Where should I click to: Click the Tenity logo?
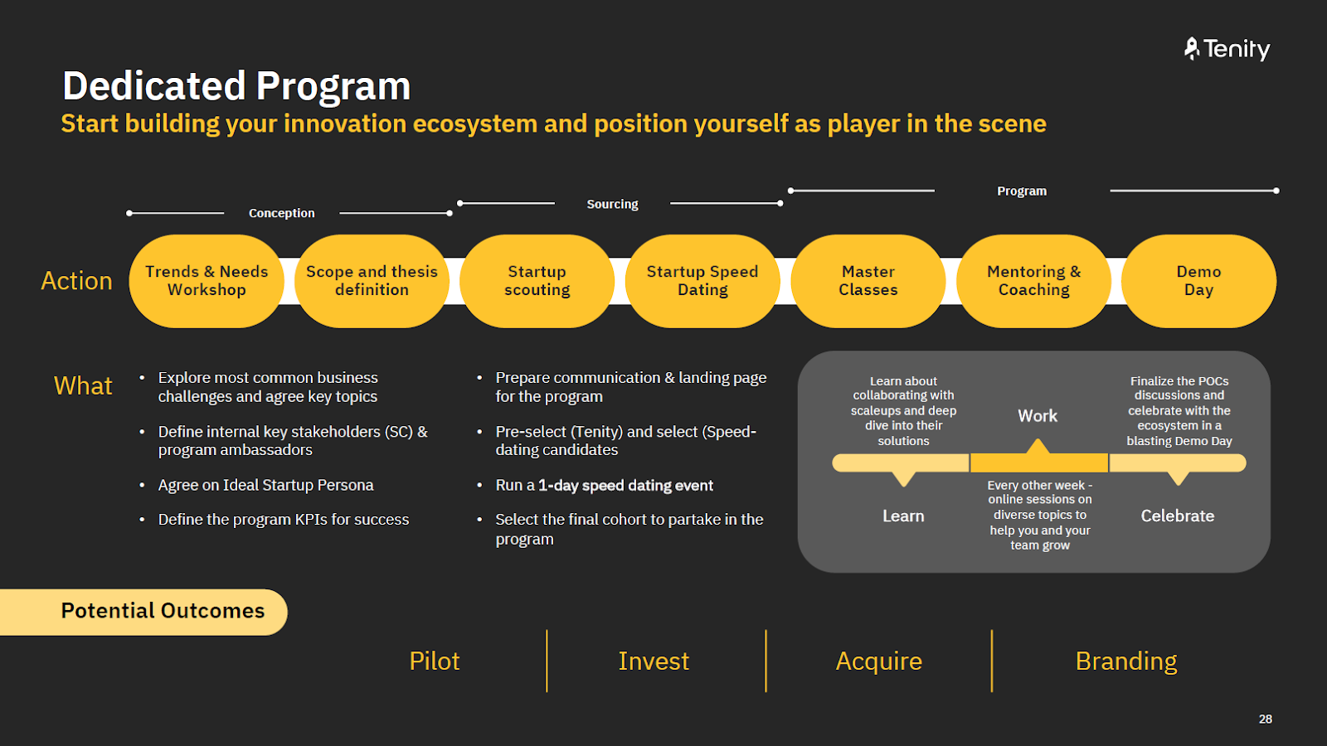(x=1227, y=50)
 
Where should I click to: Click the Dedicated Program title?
(x=236, y=86)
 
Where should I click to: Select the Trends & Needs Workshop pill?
(x=207, y=281)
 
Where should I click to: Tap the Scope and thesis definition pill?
(x=372, y=281)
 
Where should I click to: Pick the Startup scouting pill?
(x=537, y=281)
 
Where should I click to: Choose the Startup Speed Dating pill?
(x=702, y=281)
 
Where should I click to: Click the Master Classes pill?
(x=868, y=281)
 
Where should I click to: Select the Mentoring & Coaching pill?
(x=1033, y=281)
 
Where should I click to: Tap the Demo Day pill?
(x=1198, y=281)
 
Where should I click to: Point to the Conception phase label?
(x=282, y=213)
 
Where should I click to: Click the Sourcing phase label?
(x=612, y=204)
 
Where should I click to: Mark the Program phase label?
(x=1022, y=191)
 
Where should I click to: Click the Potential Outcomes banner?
(x=163, y=612)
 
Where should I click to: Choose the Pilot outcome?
(x=434, y=661)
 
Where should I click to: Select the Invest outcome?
(x=654, y=661)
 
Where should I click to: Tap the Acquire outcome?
(x=878, y=661)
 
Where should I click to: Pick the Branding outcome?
(x=1125, y=661)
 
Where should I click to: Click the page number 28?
(x=1265, y=719)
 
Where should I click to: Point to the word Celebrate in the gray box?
(x=1177, y=516)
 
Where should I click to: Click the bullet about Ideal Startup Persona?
(x=265, y=485)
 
